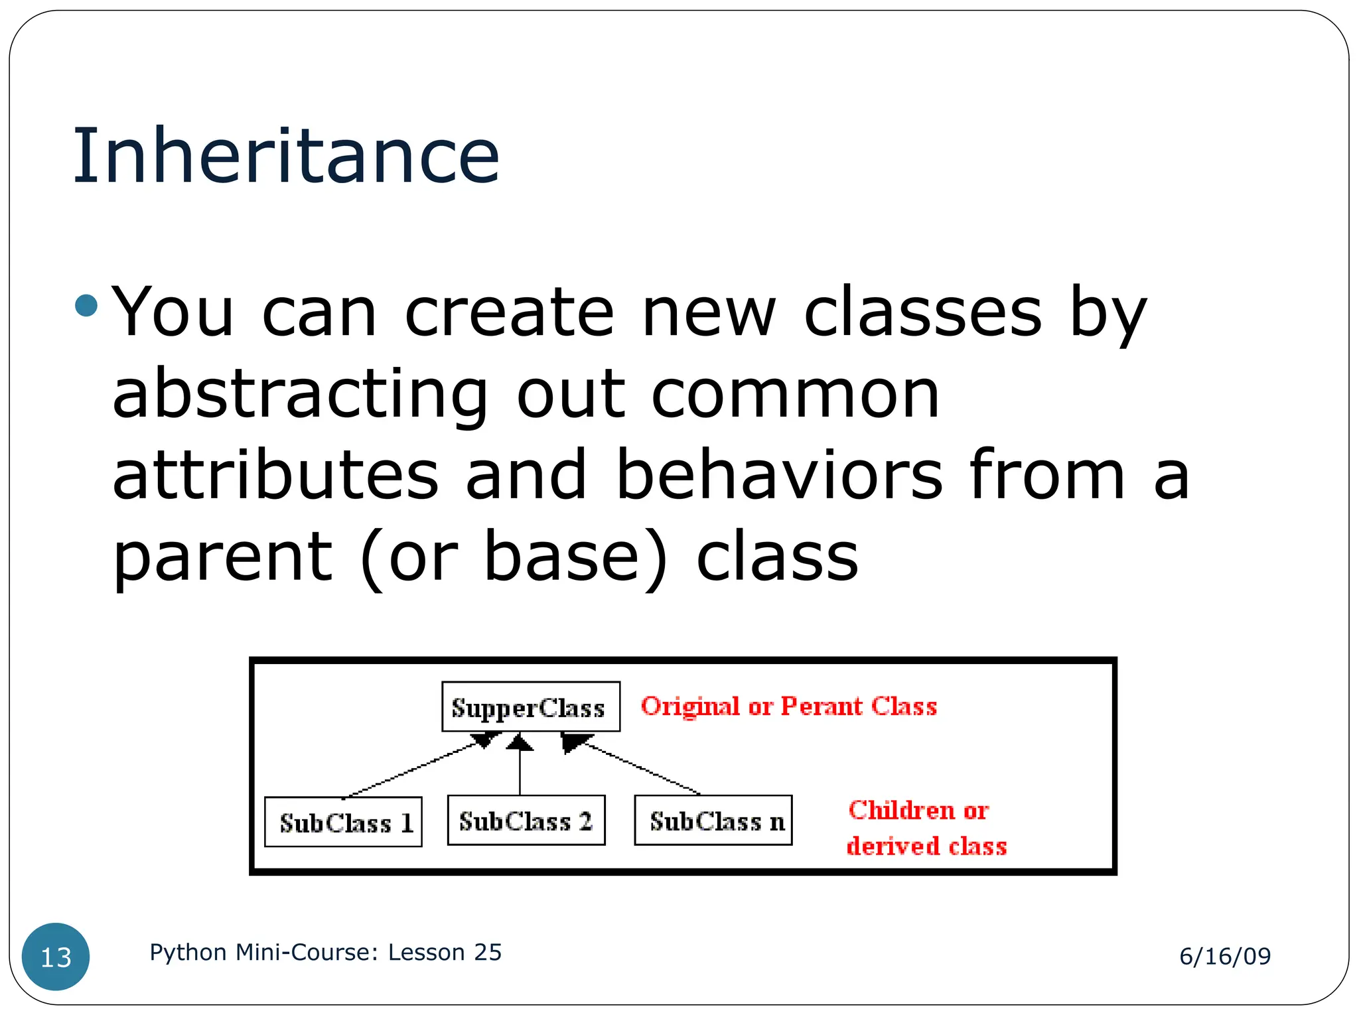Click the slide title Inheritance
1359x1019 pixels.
285,157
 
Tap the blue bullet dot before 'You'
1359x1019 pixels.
86,306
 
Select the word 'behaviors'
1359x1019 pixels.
779,475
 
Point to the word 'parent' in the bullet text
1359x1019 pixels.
222,557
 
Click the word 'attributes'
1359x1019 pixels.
275,475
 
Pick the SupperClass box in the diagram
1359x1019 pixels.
530,707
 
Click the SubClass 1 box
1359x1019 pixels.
343,823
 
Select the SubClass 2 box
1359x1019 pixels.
526,821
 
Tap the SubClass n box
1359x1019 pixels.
713,821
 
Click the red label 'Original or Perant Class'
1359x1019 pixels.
789,707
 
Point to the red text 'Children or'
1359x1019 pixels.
918,811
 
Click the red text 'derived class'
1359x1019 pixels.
926,847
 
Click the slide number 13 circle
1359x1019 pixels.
56,957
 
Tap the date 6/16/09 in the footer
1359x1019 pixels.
1225,956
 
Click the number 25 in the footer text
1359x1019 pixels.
488,953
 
